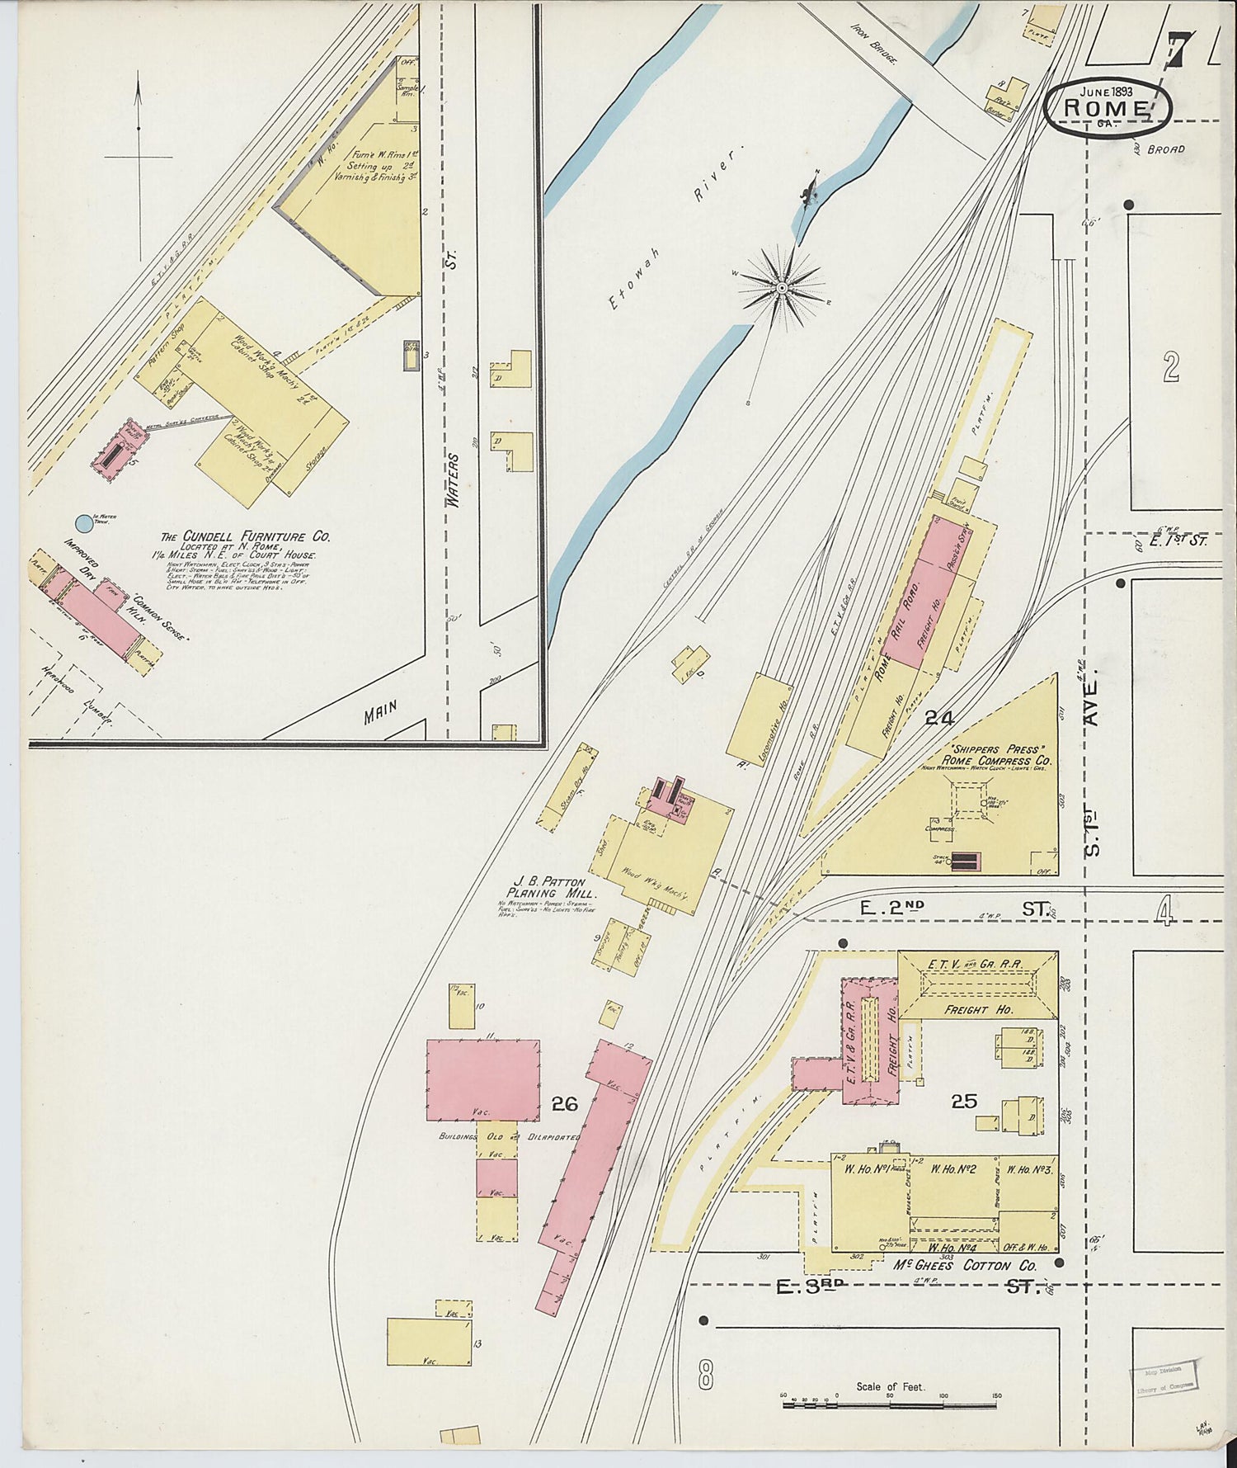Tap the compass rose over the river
(x=781, y=287)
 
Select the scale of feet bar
(x=891, y=1403)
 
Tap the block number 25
(x=964, y=1101)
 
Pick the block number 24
(x=938, y=718)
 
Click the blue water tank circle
(x=83, y=523)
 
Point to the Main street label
(x=381, y=711)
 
